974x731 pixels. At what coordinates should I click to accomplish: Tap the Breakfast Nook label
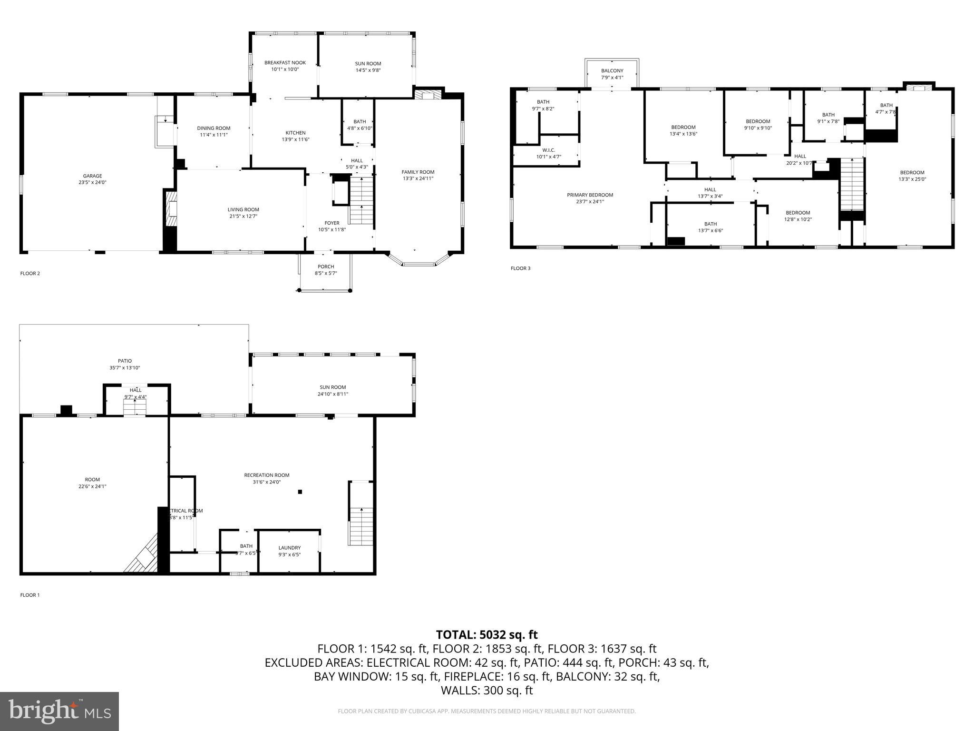(x=285, y=63)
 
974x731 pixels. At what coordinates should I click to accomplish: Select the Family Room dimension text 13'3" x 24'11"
(x=418, y=179)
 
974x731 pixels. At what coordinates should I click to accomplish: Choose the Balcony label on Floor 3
(x=612, y=71)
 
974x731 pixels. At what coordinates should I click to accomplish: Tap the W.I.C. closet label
(x=548, y=150)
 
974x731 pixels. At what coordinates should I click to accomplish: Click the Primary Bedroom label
(x=590, y=195)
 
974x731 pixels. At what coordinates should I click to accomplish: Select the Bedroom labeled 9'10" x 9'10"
(x=758, y=121)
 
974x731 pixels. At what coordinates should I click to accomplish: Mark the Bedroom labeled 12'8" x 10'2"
(x=798, y=213)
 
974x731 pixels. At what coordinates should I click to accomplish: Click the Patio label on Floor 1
(x=125, y=361)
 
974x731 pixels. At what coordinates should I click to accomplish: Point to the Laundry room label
(x=289, y=548)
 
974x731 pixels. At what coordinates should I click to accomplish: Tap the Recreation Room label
(x=266, y=475)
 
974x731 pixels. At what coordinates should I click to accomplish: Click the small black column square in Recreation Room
(x=300, y=492)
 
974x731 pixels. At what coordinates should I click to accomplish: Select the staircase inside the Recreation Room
(x=361, y=526)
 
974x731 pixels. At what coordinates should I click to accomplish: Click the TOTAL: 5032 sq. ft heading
(x=487, y=634)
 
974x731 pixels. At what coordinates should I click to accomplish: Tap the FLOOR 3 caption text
(x=520, y=268)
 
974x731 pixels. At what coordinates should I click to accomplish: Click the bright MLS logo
(x=59, y=711)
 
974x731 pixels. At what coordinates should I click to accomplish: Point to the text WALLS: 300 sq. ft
(x=487, y=690)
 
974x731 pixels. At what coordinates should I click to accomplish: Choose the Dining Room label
(x=214, y=128)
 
